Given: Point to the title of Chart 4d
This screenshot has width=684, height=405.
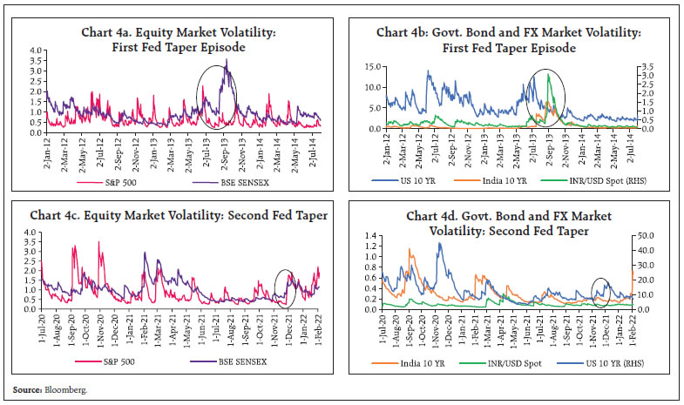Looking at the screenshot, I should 508,223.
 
